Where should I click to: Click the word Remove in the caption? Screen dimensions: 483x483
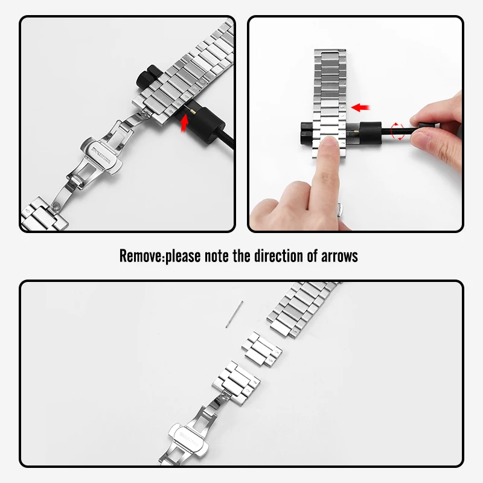point(141,256)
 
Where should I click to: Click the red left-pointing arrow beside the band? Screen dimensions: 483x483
point(360,107)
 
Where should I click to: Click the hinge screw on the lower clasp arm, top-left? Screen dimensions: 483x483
point(56,206)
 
